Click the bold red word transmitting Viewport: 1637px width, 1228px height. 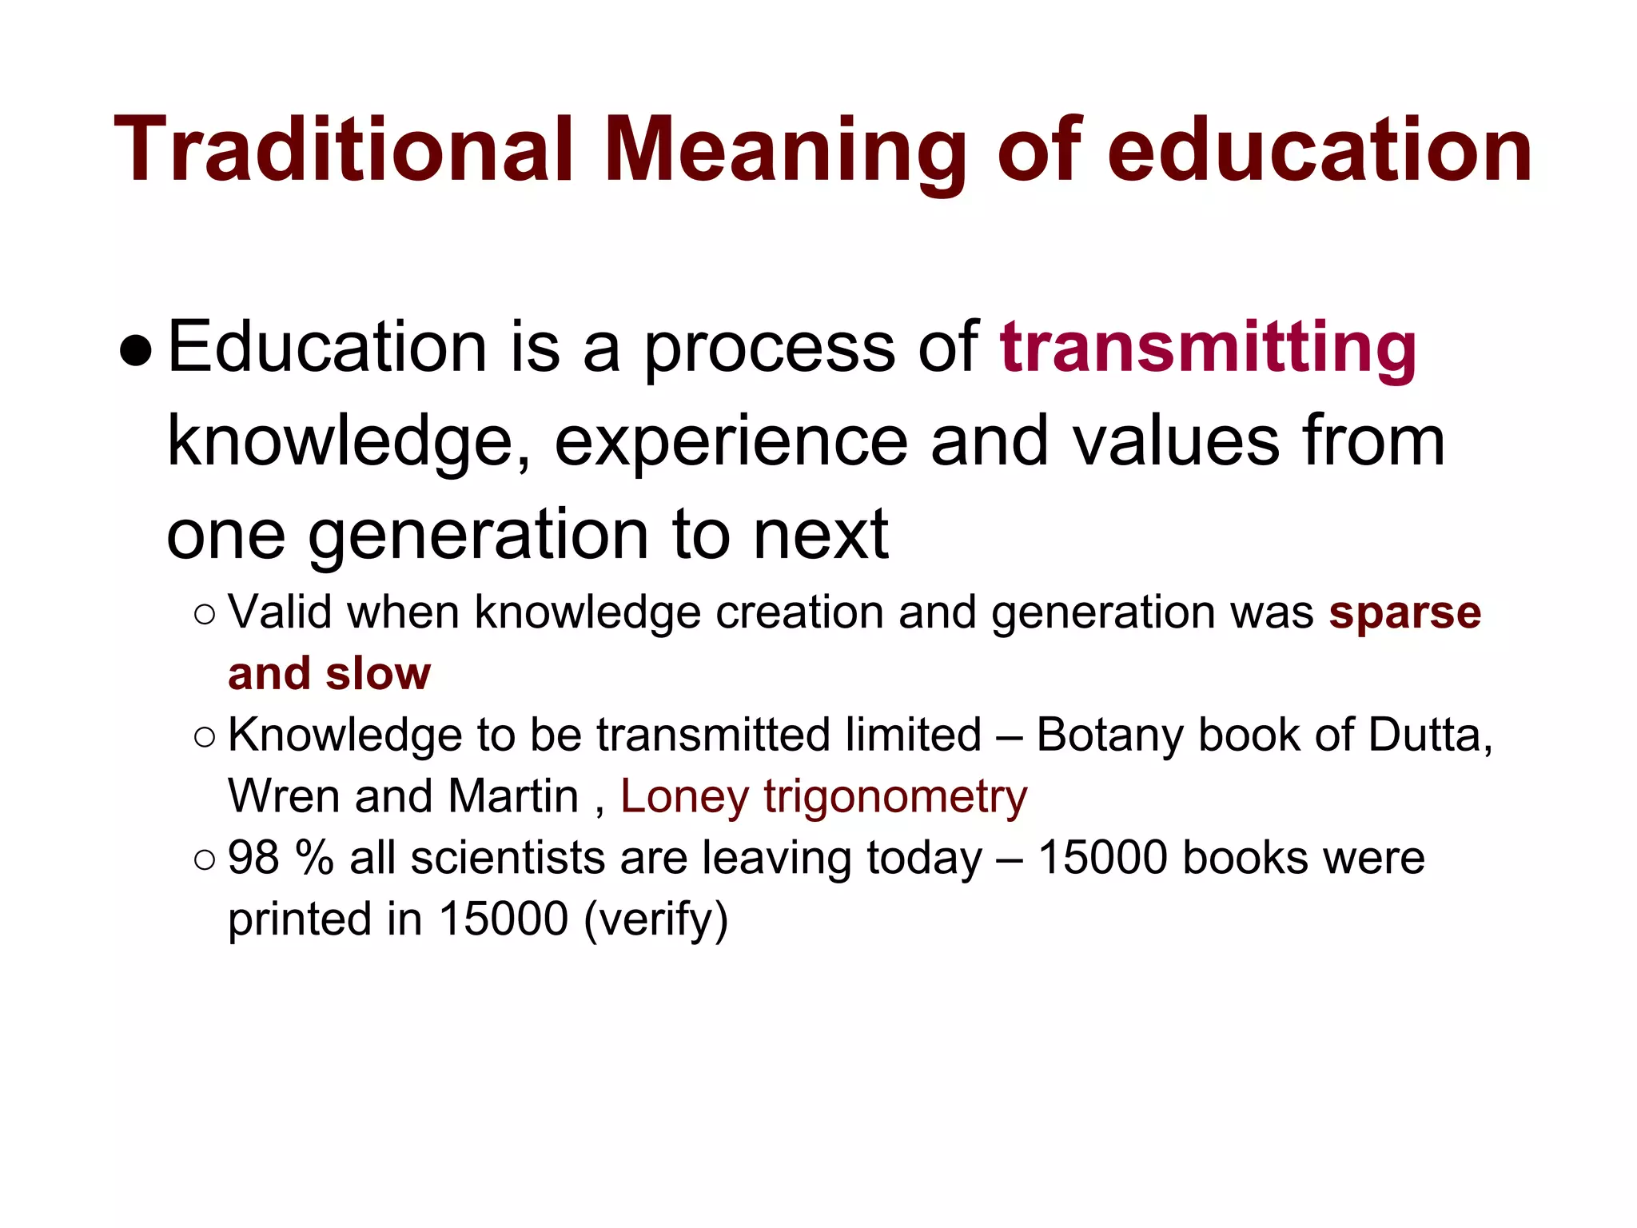coord(1208,348)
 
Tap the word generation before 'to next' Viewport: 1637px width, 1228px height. coord(479,536)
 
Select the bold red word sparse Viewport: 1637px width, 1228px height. coord(1405,614)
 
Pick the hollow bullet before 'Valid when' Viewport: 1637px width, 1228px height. coord(205,615)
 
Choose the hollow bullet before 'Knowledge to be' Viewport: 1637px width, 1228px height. coord(205,737)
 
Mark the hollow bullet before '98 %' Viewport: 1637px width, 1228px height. coord(205,859)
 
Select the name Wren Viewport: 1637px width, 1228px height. coord(284,796)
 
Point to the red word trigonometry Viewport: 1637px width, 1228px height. coord(895,798)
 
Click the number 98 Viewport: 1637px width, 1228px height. coord(254,858)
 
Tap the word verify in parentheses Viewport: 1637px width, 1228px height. coord(656,920)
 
